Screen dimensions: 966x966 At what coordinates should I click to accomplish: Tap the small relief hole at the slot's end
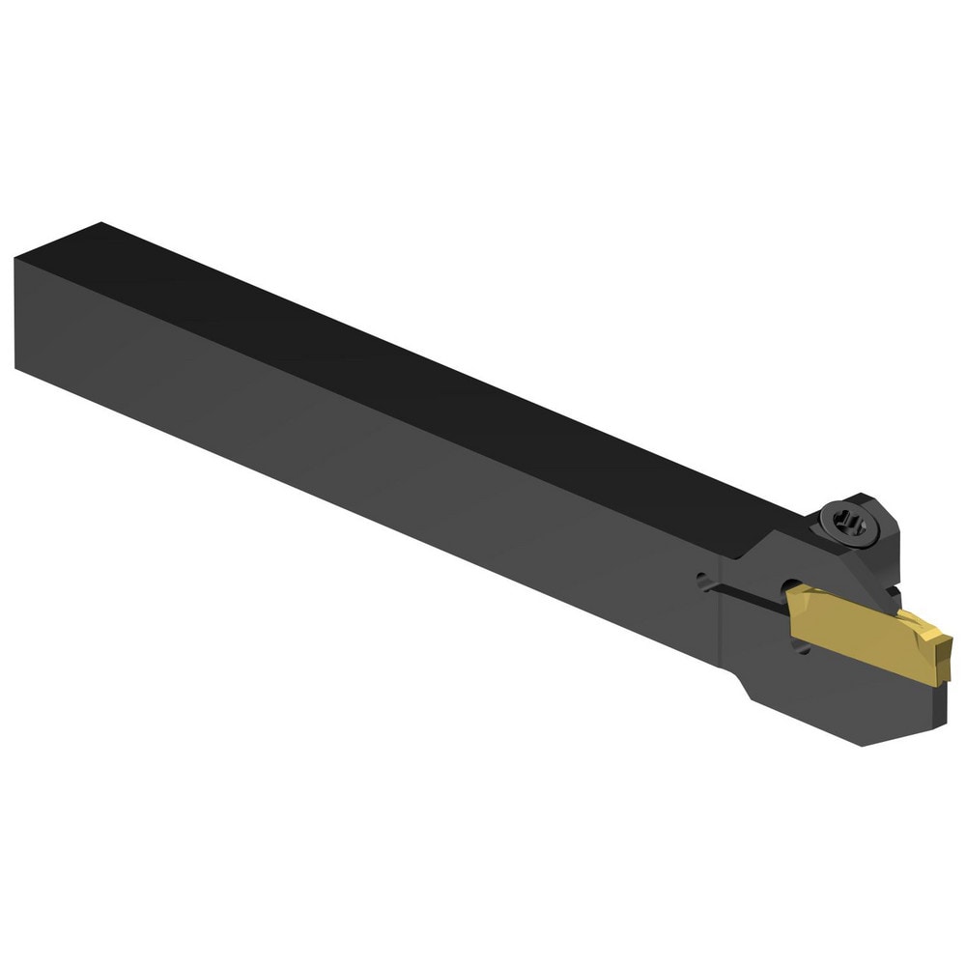coord(702,582)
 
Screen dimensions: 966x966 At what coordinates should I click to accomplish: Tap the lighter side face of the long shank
coord(338,454)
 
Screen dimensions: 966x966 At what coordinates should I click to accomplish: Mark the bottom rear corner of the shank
coord(16,367)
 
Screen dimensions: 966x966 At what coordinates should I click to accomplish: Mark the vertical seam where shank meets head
coord(720,618)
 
